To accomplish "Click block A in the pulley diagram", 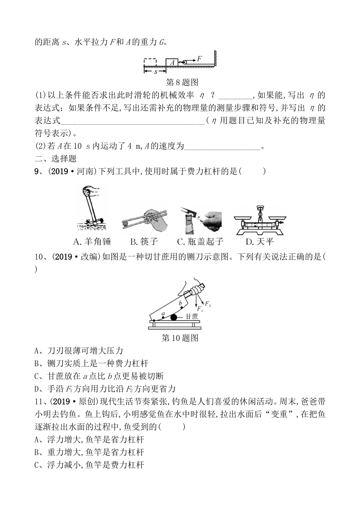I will click(172, 62).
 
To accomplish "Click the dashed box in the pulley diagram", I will click(150, 62).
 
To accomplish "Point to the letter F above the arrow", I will click(199, 58).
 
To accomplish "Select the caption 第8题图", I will click(182, 82).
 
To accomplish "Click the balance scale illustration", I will click(260, 221).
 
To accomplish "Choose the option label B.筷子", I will click(144, 241).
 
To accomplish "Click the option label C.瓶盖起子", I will click(200, 241).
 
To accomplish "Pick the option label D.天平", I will click(260, 241).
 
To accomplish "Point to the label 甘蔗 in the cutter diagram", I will click(192, 316).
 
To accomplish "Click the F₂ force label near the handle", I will click(208, 303).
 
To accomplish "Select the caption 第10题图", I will click(180, 337).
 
